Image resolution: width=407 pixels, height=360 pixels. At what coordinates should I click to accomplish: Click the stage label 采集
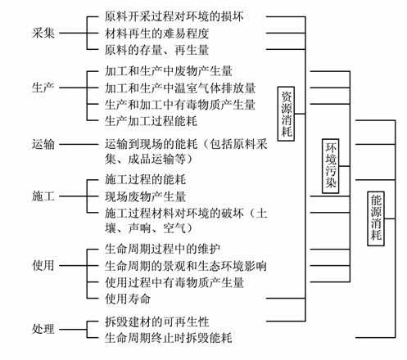click(x=43, y=34)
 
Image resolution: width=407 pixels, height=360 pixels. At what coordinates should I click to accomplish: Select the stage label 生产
click(x=43, y=88)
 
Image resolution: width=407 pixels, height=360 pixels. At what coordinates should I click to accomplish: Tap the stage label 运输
click(x=43, y=144)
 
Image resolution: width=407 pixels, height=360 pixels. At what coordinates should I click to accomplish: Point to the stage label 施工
click(x=43, y=196)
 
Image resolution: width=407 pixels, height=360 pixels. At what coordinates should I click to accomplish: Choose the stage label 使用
click(x=43, y=265)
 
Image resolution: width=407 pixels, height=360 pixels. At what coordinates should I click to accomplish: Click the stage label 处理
click(x=43, y=329)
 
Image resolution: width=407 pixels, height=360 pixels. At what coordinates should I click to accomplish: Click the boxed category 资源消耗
click(x=286, y=114)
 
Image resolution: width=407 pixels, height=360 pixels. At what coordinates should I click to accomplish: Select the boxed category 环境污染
click(x=331, y=166)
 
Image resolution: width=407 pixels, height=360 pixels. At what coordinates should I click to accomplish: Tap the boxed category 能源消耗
click(x=376, y=218)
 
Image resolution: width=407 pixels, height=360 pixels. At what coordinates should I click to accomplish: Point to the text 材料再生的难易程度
click(x=157, y=34)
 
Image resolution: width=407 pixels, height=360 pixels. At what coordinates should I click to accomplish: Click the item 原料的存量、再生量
click(x=157, y=50)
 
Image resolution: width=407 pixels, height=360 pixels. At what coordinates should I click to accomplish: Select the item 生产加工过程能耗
click(x=151, y=121)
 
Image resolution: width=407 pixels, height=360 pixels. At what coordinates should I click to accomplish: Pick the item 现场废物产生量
click(x=146, y=196)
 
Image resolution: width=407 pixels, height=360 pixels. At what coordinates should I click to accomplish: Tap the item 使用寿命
click(x=128, y=299)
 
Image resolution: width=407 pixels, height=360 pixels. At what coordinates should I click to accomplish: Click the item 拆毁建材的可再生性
click(x=157, y=322)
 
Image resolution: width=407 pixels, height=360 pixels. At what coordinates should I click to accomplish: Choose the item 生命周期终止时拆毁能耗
click(x=169, y=338)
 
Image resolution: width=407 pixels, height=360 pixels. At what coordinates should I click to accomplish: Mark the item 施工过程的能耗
click(x=146, y=179)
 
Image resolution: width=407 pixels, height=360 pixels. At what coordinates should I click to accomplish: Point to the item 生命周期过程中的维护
click(x=163, y=249)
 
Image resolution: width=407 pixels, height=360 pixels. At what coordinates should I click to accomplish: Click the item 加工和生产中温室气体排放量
click(x=180, y=88)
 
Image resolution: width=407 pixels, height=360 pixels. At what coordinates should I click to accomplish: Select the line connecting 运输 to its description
click(x=79, y=144)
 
